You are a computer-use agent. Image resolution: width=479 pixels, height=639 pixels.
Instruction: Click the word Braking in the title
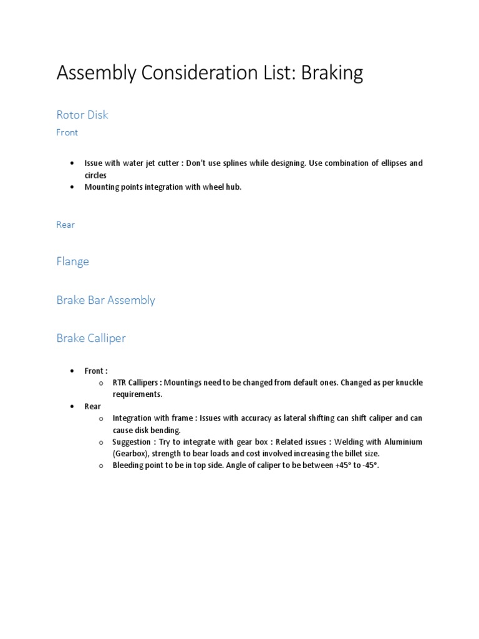tap(332, 74)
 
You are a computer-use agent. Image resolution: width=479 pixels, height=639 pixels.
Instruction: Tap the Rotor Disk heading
tap(82, 115)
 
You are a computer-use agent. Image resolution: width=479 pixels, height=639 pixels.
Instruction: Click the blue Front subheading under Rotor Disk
tap(67, 132)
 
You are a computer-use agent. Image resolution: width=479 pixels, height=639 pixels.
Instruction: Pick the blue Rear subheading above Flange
tap(65, 225)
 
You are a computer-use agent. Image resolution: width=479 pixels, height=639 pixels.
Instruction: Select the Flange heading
tap(72, 261)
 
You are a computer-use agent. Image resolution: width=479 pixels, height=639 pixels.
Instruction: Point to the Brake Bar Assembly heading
tap(105, 300)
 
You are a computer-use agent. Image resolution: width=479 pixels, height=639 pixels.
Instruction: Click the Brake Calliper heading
tap(91, 338)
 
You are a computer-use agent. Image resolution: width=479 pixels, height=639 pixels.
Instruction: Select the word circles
tap(95, 175)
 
